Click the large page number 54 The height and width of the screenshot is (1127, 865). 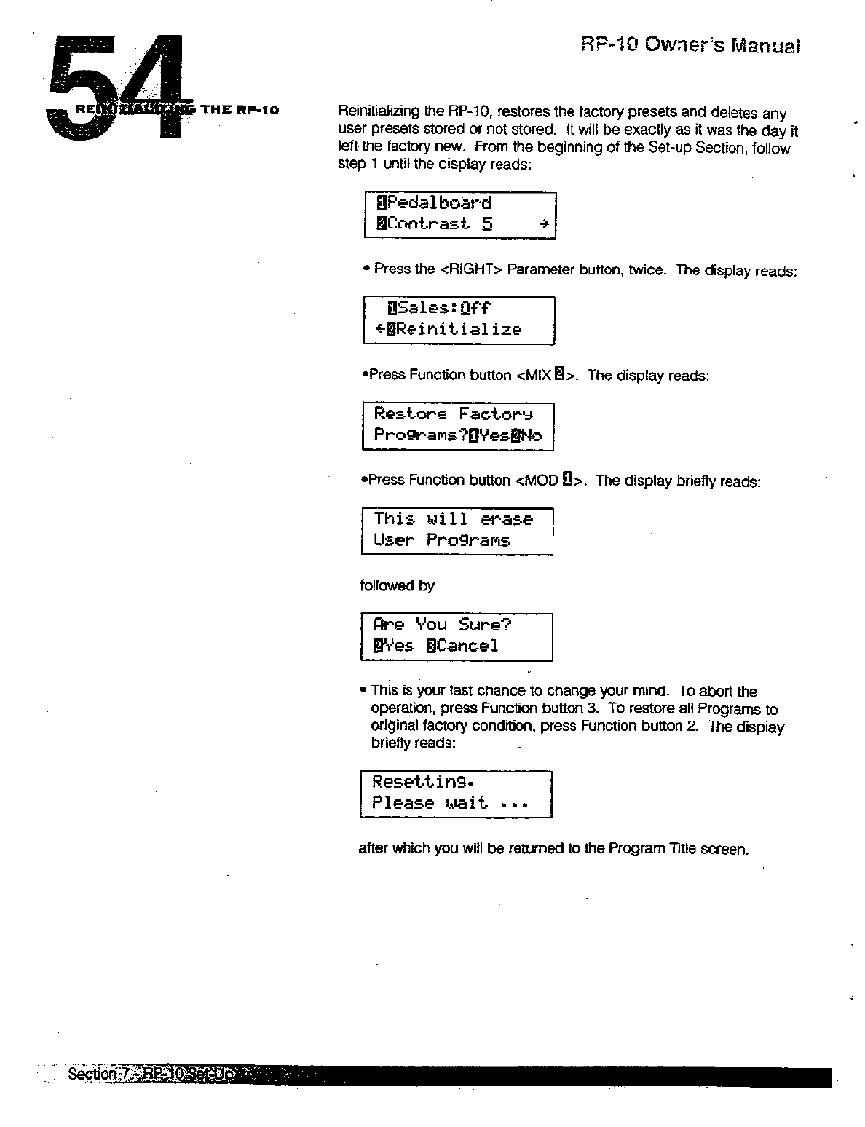(116, 87)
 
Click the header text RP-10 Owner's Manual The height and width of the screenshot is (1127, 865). (690, 46)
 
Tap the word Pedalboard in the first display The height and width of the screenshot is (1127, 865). (439, 203)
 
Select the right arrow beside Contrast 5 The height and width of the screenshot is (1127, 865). (543, 225)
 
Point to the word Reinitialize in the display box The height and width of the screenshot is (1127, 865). (459, 329)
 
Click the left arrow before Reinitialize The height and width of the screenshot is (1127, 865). (380, 329)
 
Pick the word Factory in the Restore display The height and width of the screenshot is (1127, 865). (496, 414)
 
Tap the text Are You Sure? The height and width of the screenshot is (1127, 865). (443, 625)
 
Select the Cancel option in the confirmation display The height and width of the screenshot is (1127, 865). (467, 646)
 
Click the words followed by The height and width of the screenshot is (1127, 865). (397, 585)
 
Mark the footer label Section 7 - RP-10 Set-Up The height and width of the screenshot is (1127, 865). (150, 1075)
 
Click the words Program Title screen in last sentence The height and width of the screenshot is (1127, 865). (678, 849)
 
